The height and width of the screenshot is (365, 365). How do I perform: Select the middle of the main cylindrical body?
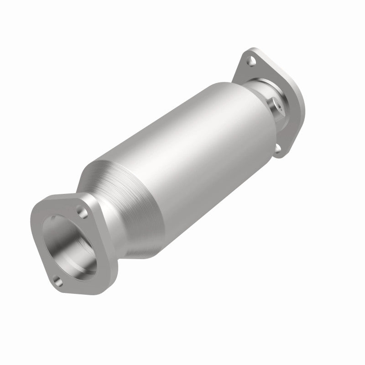coord(192,151)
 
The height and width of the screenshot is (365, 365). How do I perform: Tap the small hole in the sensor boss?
coord(278,105)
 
